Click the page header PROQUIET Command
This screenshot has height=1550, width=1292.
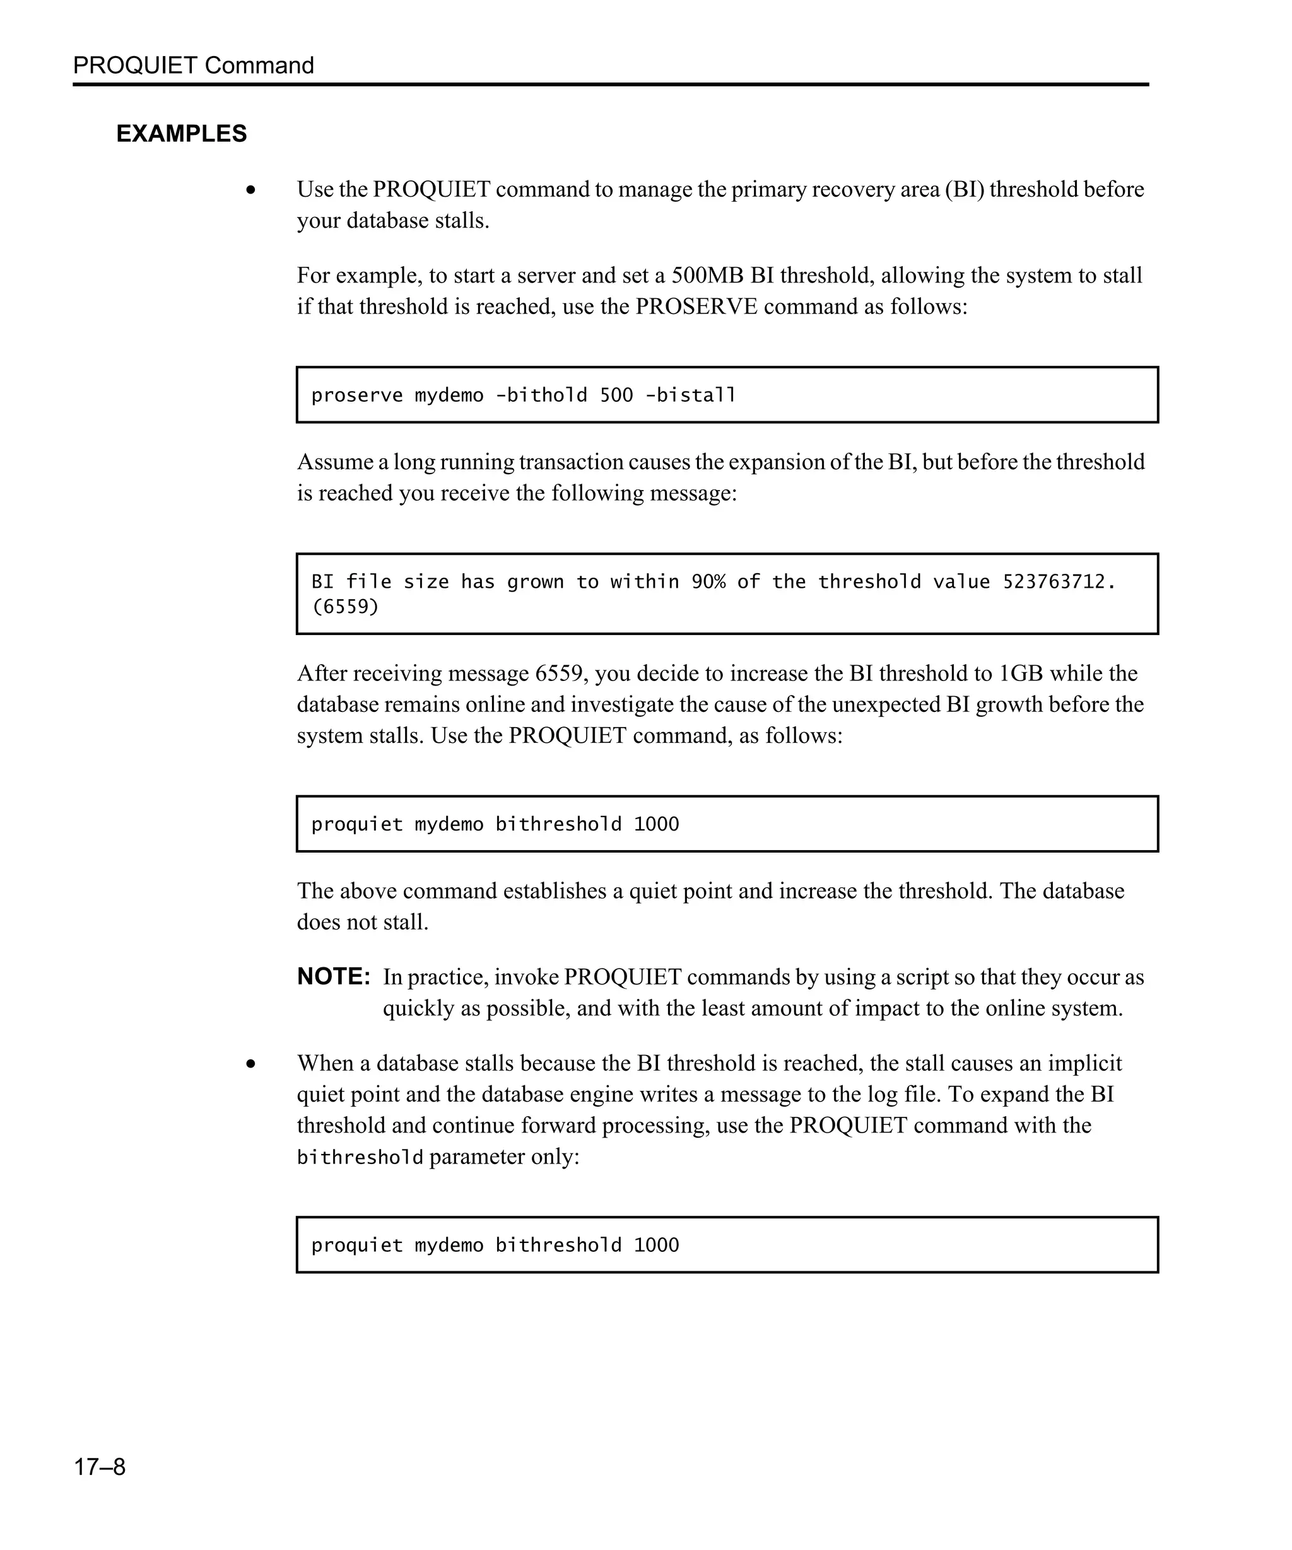pos(194,65)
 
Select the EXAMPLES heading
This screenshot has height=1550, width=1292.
pos(182,134)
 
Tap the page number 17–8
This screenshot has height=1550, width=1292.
pos(99,1466)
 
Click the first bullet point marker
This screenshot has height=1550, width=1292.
pos(251,190)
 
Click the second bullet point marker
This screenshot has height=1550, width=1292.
pos(251,1064)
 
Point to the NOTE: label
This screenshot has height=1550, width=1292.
pos(333,977)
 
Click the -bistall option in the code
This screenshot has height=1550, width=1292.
pos(690,395)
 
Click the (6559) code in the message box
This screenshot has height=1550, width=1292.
pos(345,607)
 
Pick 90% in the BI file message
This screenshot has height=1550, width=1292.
pos(708,581)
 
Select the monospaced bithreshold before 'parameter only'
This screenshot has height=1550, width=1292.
pos(360,1157)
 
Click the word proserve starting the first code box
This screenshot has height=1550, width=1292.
pos(356,395)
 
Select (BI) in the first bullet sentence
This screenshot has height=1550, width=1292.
pos(963,190)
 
